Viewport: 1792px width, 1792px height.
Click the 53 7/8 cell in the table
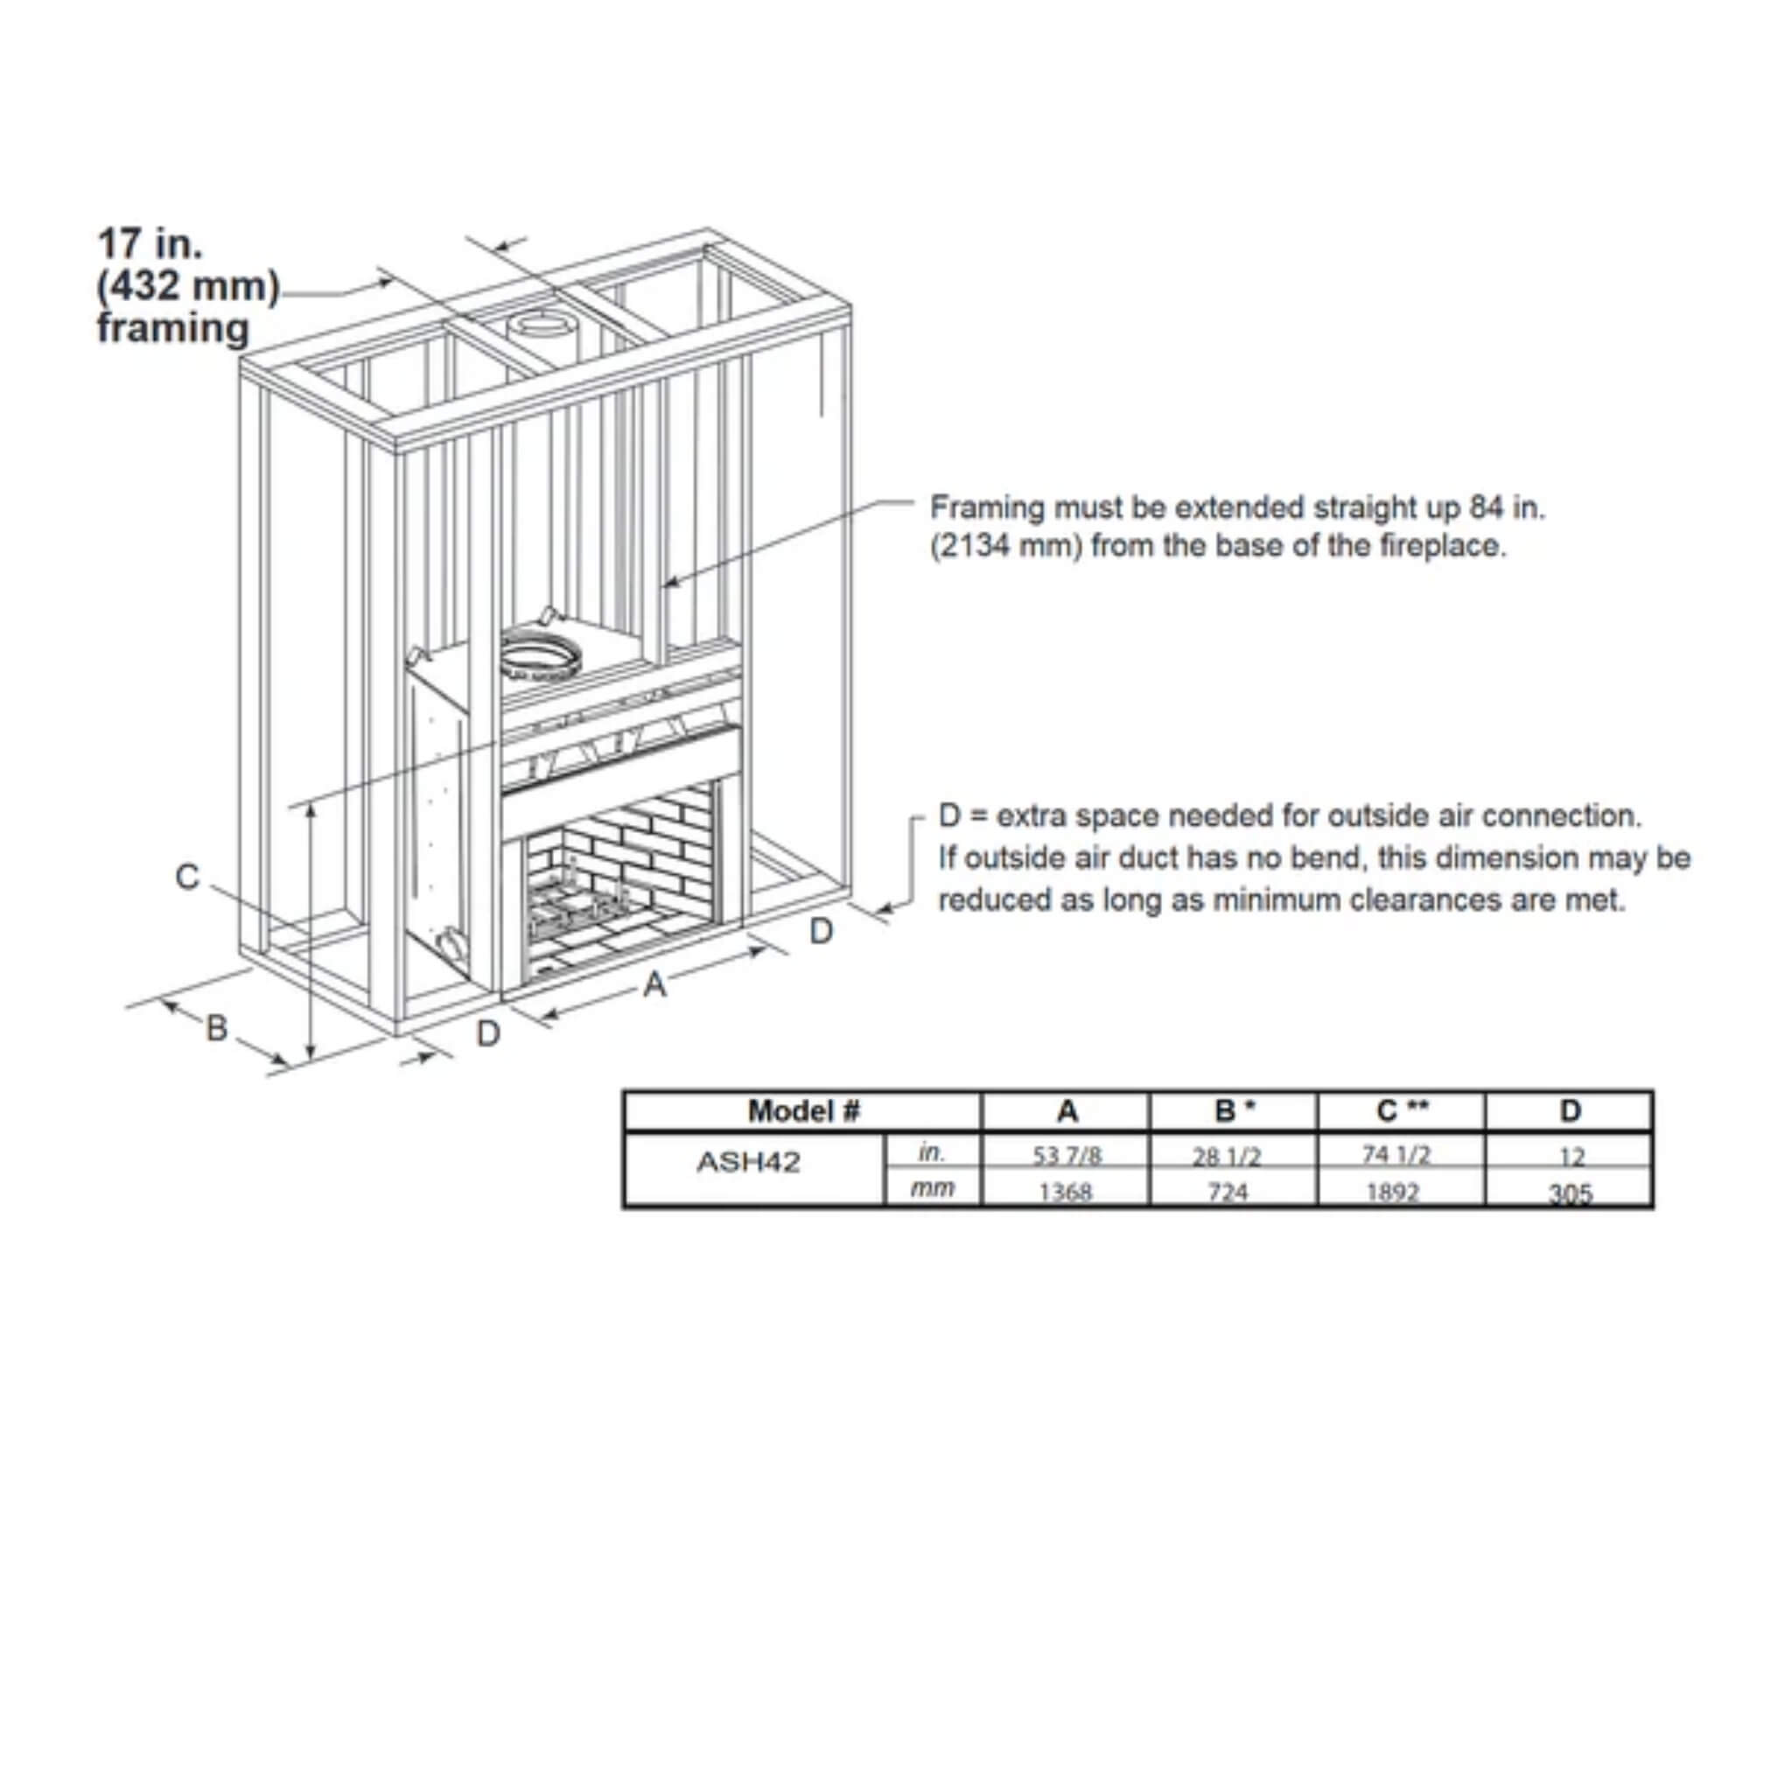coord(1067,1156)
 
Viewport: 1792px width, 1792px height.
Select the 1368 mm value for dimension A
coord(1066,1191)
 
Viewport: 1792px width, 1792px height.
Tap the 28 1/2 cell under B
coord(1226,1156)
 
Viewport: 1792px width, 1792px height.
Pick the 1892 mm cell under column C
coord(1392,1191)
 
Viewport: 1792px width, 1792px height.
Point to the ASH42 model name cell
coord(748,1162)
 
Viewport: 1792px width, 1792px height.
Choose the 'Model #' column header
coord(803,1111)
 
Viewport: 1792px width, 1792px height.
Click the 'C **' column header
coord(1402,1111)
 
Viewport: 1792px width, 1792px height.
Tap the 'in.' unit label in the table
coord(930,1153)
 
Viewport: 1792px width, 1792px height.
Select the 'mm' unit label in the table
coord(931,1188)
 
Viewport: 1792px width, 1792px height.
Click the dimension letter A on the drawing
coord(654,984)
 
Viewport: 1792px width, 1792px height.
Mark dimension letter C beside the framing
coord(187,877)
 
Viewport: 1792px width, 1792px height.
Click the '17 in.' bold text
coord(150,244)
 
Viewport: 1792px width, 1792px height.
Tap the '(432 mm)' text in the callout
coord(188,285)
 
